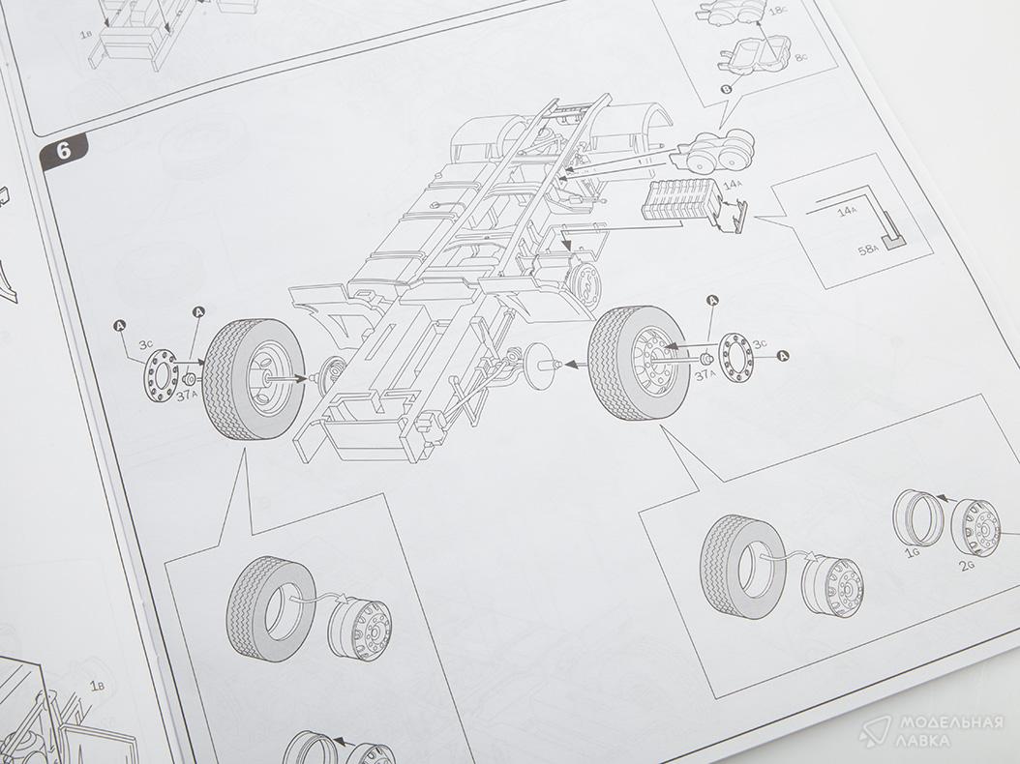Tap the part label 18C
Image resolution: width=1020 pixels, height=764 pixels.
tap(778, 12)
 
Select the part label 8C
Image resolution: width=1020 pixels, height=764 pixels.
tap(800, 58)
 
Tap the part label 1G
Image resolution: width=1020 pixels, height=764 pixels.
tap(912, 552)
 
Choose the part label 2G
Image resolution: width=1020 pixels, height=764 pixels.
tap(969, 565)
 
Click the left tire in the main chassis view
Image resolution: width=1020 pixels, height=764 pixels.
tap(253, 379)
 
